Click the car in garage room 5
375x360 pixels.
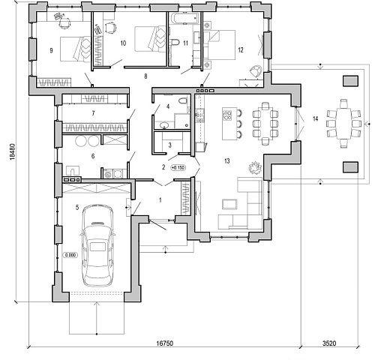pos(97,245)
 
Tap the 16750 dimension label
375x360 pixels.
pos(165,343)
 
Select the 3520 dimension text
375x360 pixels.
pos(329,343)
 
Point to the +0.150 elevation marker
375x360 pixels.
pos(178,167)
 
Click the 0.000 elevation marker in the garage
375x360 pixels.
pos(70,255)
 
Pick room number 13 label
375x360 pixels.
pos(227,161)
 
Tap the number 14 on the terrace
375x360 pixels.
pos(316,118)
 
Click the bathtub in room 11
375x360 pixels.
pos(184,18)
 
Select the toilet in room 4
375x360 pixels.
pos(183,100)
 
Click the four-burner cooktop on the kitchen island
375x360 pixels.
pos(227,115)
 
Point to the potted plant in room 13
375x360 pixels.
pos(255,167)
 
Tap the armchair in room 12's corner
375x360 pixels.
pos(256,71)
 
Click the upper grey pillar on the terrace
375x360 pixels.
pos(350,81)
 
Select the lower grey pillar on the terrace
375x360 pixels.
pos(350,167)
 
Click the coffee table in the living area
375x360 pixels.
pos(229,204)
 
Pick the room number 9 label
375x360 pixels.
pos(51,50)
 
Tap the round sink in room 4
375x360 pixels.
pos(164,124)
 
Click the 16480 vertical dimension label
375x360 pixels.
pos(13,151)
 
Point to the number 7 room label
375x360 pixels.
pos(93,113)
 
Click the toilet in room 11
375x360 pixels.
pos(175,43)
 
